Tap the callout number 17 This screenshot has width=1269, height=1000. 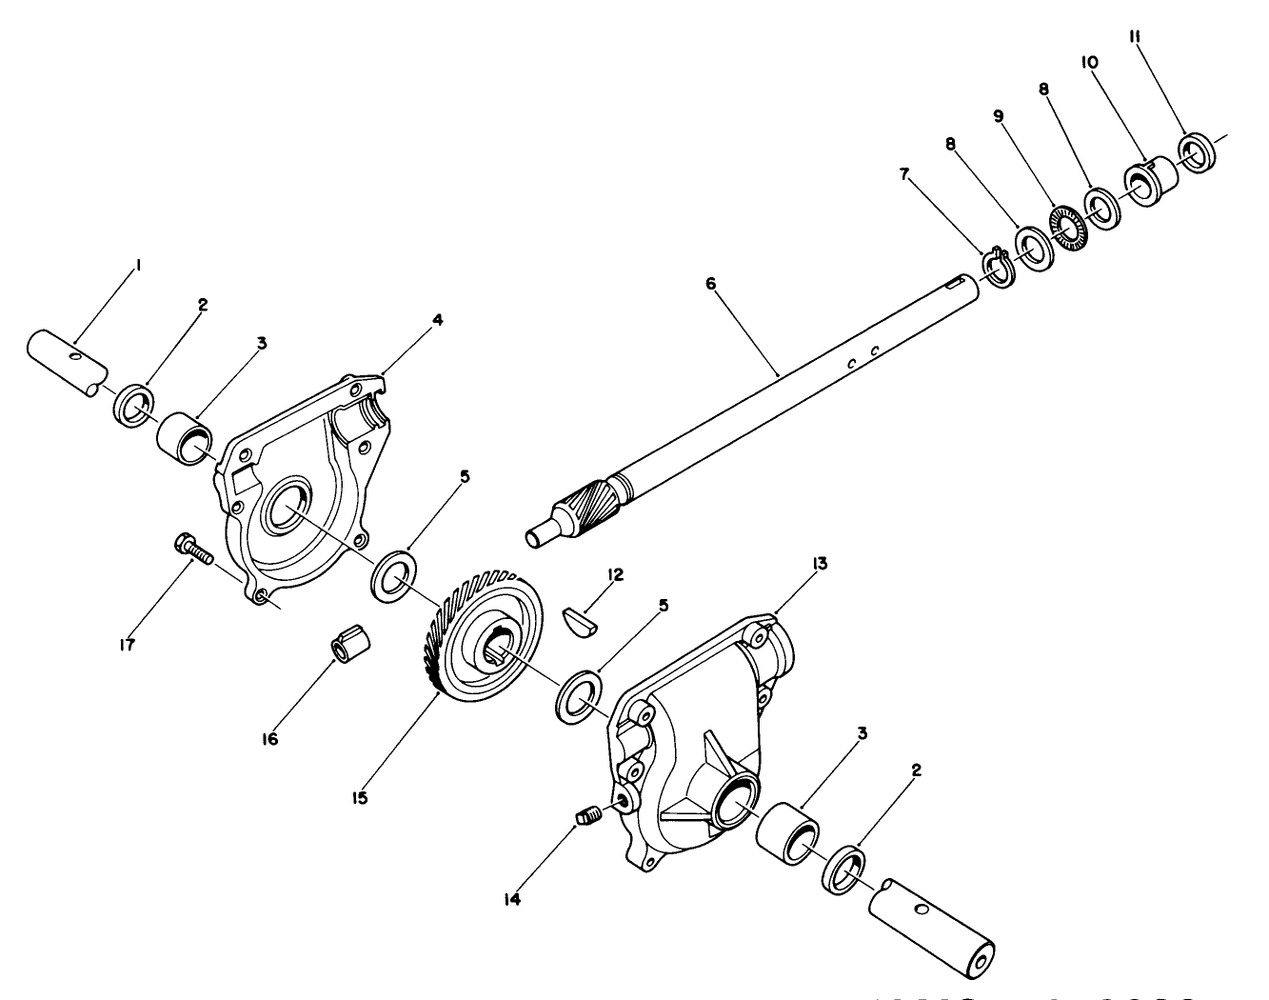(128, 645)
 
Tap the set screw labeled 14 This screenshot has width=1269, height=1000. (587, 815)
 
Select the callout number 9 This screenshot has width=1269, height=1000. (999, 115)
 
